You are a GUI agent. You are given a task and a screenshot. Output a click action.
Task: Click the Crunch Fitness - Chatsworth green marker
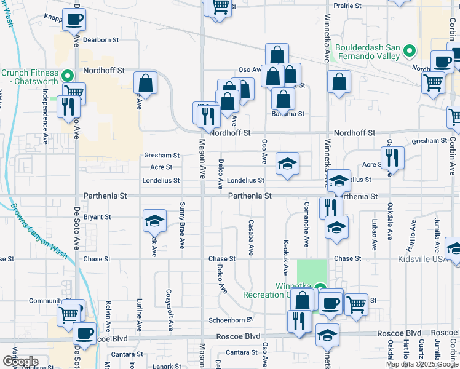(68, 76)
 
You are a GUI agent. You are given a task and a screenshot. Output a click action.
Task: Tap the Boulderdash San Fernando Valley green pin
(411, 52)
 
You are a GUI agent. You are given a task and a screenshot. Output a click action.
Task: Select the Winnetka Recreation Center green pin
(320, 287)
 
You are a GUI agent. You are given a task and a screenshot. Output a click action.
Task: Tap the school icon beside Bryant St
(154, 220)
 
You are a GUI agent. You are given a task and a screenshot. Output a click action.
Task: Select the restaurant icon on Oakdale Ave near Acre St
(392, 157)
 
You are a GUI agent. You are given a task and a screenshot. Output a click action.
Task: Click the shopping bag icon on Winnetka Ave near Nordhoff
(339, 82)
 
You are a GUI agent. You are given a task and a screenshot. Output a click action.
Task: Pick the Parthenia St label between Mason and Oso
(250, 196)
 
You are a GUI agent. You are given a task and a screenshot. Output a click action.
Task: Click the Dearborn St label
(100, 40)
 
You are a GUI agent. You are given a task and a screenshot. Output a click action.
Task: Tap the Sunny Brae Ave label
(182, 224)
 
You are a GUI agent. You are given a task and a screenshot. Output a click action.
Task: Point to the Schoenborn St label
(231, 320)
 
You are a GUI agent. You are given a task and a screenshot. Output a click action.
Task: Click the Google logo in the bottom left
(20, 361)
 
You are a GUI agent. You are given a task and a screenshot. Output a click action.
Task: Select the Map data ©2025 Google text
(421, 364)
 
